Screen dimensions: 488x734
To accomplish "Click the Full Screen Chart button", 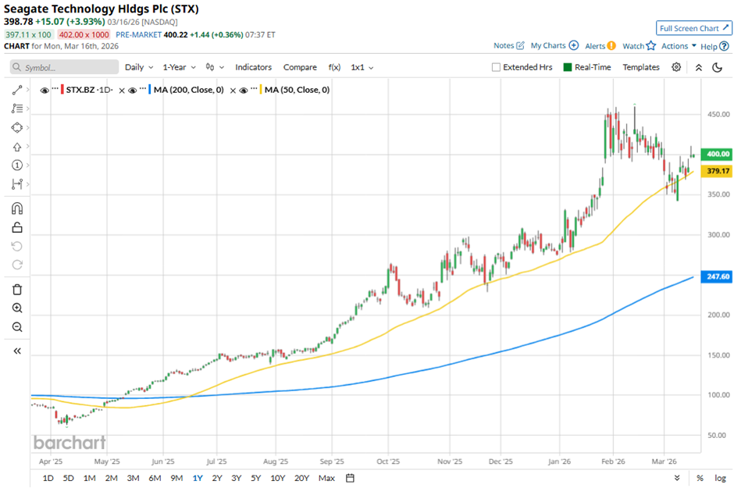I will coord(693,28).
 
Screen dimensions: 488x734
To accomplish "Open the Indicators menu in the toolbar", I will coord(253,67).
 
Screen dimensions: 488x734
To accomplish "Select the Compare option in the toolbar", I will coord(300,67).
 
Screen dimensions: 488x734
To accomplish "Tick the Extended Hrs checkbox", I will coord(496,67).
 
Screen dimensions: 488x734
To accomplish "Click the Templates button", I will coord(640,67).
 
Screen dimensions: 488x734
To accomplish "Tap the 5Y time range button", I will coord(255,478).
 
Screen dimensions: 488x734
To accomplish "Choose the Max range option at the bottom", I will coord(327,478).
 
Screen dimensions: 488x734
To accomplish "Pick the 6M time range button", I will coord(154,478).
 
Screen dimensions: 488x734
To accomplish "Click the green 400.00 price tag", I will coord(716,154).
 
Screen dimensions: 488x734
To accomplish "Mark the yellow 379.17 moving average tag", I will coord(716,171).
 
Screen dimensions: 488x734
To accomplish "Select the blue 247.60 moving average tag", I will coord(716,276).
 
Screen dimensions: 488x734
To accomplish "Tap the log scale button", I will coord(719,478).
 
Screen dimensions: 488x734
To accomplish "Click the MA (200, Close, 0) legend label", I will coord(188,90).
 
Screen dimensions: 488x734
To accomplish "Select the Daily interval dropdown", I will coord(138,67).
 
